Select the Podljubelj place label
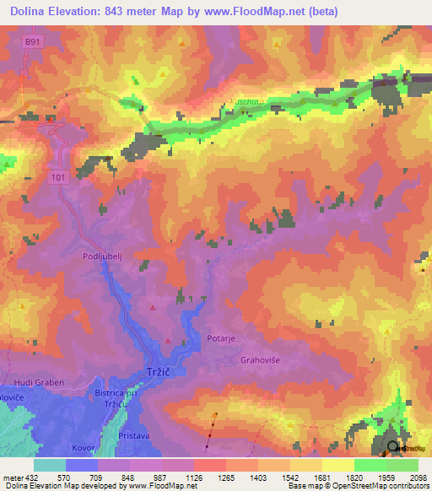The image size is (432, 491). [x=105, y=256]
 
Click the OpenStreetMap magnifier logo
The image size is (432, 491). [x=393, y=448]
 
